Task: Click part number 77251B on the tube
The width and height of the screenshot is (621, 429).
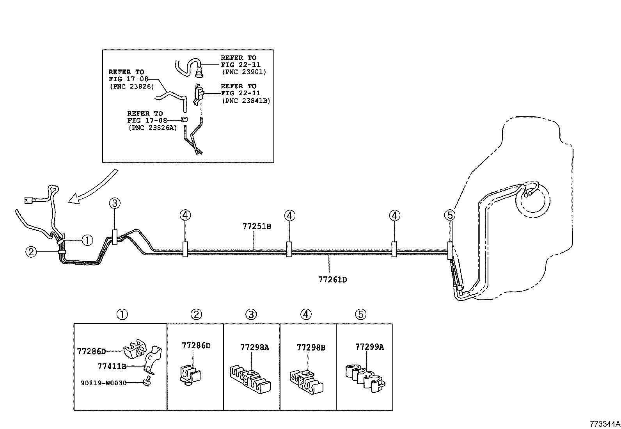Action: click(257, 226)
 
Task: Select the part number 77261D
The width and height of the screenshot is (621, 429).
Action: click(332, 279)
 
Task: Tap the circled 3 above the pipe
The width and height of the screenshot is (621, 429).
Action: click(114, 203)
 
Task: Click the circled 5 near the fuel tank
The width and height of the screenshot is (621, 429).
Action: click(449, 215)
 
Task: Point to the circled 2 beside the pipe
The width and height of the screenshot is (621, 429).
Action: click(31, 252)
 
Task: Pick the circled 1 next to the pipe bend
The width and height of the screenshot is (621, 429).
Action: click(87, 240)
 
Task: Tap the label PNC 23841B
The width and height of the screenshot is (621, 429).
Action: click(246, 101)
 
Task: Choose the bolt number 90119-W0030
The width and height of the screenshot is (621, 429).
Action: click(104, 383)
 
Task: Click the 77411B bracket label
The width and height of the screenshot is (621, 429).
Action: click(112, 366)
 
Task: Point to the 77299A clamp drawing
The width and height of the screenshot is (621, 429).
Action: click(365, 376)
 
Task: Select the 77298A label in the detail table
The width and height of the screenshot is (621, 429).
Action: click(254, 347)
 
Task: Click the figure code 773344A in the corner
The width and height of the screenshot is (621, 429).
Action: click(604, 424)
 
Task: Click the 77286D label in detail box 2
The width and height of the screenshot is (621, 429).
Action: click(196, 345)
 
